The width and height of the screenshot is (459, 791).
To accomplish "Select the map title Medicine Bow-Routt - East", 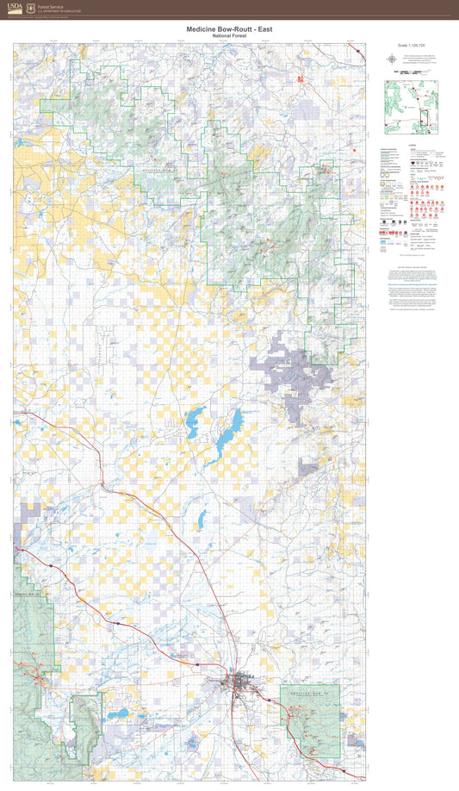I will click(x=230, y=28).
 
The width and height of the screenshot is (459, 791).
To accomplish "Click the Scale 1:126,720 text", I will click(x=412, y=46).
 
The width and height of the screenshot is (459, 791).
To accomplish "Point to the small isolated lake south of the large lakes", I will click(x=200, y=520).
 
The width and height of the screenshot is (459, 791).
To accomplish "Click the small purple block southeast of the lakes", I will click(x=308, y=468).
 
